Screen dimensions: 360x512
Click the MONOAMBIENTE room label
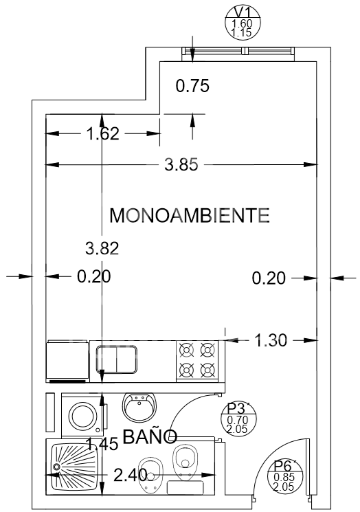(x=190, y=216)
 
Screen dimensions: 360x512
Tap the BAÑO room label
(x=150, y=436)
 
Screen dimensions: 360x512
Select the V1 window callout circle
(x=243, y=22)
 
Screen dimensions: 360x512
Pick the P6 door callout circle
(x=284, y=476)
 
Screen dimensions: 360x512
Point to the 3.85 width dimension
(x=181, y=164)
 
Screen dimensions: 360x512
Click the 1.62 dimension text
(x=102, y=134)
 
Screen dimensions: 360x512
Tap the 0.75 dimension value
(x=192, y=86)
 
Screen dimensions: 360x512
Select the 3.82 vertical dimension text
(x=102, y=248)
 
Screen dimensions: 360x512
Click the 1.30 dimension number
(x=271, y=340)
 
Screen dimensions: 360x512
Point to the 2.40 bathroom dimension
(x=130, y=475)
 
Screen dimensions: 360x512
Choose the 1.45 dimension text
(x=102, y=444)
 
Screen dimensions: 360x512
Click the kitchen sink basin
(x=116, y=359)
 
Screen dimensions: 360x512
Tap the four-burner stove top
(x=197, y=361)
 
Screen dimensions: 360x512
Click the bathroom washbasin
(x=139, y=408)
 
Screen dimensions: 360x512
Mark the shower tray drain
(x=56, y=467)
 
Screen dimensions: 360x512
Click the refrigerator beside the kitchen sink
(x=68, y=361)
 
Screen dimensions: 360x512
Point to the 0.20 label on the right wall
(x=269, y=278)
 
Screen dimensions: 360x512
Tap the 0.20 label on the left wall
(x=94, y=276)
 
